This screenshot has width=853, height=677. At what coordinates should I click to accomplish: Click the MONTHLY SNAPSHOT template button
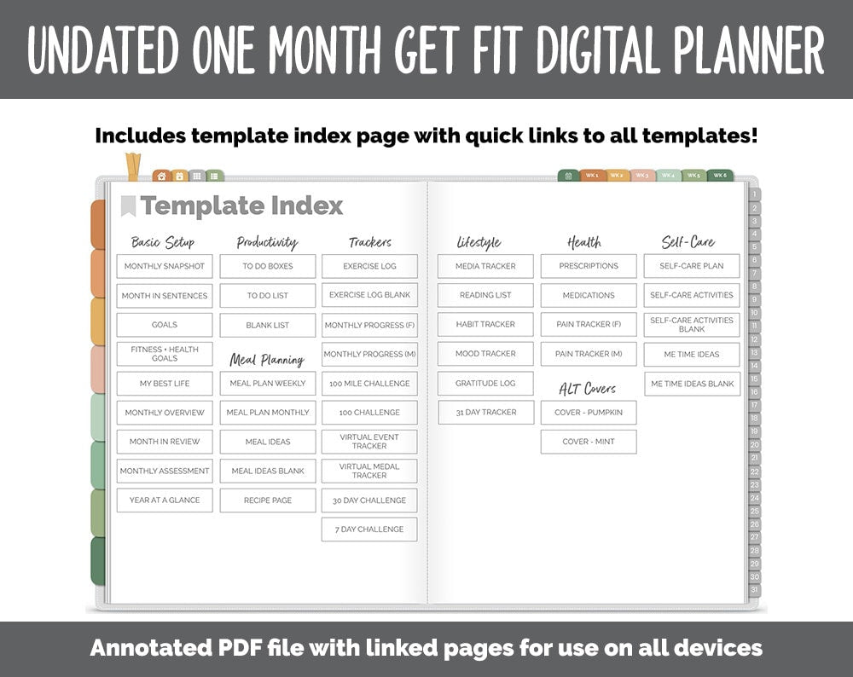tap(165, 266)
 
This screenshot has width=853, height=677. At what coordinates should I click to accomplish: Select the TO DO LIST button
tap(268, 296)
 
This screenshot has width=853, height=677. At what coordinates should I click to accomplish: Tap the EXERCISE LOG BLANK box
tap(369, 295)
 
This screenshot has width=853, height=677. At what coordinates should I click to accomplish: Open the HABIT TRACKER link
tap(485, 325)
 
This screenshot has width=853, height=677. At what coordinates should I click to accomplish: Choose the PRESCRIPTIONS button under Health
tap(589, 266)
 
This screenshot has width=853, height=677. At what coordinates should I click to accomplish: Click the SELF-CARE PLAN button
tap(692, 266)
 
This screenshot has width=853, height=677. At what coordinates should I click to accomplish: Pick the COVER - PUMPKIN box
tap(589, 413)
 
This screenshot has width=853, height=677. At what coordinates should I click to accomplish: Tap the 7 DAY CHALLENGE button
tap(369, 529)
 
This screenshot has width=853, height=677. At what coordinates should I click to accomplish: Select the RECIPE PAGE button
tap(268, 501)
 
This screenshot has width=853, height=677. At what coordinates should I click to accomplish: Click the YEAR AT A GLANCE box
tap(165, 501)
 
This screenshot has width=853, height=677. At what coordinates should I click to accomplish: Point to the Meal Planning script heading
tap(267, 360)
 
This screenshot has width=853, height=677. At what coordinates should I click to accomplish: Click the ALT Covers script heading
tap(588, 389)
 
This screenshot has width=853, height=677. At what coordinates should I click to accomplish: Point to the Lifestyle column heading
tap(479, 243)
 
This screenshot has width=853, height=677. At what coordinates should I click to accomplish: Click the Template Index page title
tap(241, 206)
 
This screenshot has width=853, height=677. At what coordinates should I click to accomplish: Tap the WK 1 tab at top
tap(591, 176)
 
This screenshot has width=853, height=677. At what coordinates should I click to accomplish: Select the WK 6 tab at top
tap(720, 176)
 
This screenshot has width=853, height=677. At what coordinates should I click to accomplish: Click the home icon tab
tap(161, 176)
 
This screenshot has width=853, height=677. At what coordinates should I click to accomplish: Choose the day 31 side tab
tap(754, 590)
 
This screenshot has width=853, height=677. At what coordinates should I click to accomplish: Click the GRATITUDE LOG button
tap(485, 384)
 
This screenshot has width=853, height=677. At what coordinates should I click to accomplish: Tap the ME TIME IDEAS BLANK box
tap(692, 384)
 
